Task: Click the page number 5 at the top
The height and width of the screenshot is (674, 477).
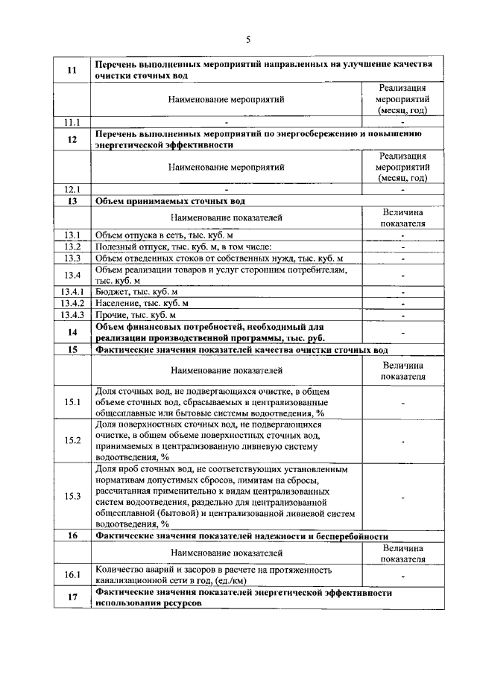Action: tap(248, 39)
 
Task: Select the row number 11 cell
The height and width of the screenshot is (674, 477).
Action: tap(72, 70)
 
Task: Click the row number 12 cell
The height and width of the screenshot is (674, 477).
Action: tap(72, 139)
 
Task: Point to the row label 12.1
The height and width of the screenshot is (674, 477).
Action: tap(72, 189)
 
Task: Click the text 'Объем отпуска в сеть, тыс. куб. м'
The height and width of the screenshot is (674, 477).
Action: tap(165, 235)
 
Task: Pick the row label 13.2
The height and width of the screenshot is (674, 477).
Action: tap(72, 247)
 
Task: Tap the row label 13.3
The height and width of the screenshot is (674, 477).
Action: tap(72, 258)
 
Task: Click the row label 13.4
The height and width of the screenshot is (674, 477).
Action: tap(72, 275)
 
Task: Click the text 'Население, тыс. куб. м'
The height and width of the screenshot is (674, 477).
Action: tap(142, 303)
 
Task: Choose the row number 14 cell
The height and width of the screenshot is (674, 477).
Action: tap(72, 332)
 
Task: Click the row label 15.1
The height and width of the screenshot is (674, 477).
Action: tap(72, 402)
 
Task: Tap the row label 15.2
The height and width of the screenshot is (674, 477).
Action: tap(72, 440)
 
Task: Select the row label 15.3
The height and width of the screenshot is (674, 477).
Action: tap(72, 497)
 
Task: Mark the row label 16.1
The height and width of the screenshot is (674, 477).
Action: tap(72, 575)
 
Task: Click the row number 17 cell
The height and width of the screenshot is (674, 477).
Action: tap(72, 597)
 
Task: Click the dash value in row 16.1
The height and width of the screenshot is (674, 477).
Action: tap(402, 576)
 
